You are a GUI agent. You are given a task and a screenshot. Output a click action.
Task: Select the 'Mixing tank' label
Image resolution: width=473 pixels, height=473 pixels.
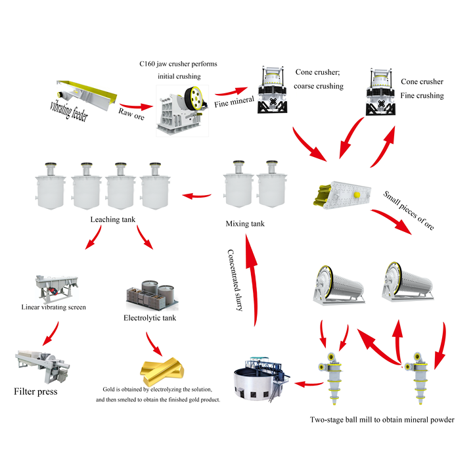[x=245, y=224]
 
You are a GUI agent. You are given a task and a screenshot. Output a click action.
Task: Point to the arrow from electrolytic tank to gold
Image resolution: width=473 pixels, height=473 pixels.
[x=154, y=344]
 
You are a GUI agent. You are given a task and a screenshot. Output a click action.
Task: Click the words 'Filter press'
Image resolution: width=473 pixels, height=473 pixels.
[x=35, y=392]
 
